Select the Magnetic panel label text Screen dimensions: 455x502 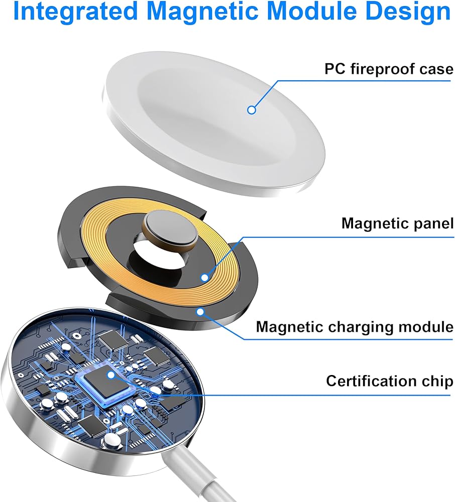(x=397, y=223)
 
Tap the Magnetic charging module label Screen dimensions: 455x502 (x=355, y=327)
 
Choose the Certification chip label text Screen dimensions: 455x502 (x=389, y=381)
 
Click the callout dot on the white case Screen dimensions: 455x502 (x=252, y=109)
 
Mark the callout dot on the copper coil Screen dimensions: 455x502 (x=204, y=277)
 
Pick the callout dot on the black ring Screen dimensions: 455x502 (x=200, y=312)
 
